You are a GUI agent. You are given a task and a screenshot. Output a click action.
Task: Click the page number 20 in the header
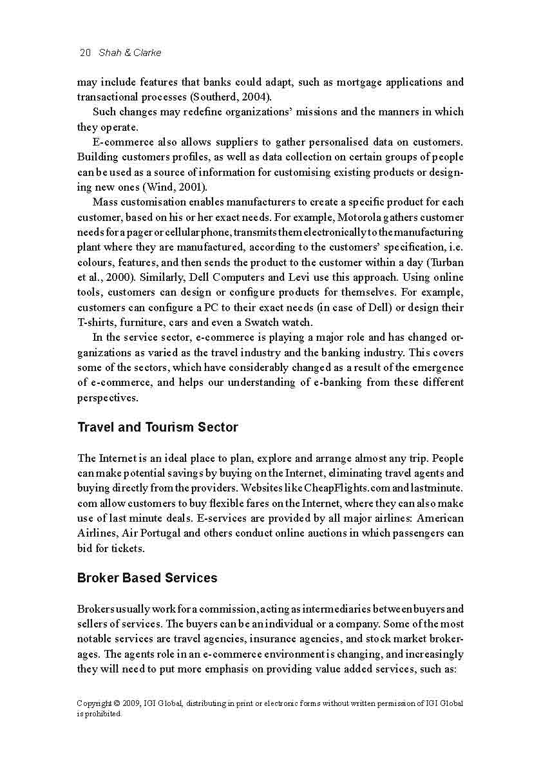pyautogui.click(x=85, y=53)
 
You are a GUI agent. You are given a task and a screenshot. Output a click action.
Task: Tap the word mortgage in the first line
pyautogui.click(x=359, y=82)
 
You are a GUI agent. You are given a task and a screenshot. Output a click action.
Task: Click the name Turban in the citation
pyautogui.click(x=448, y=263)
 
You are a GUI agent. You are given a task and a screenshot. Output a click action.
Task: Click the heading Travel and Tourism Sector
pyautogui.click(x=158, y=427)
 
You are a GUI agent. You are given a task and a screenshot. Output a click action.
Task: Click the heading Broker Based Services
pyautogui.click(x=147, y=578)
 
